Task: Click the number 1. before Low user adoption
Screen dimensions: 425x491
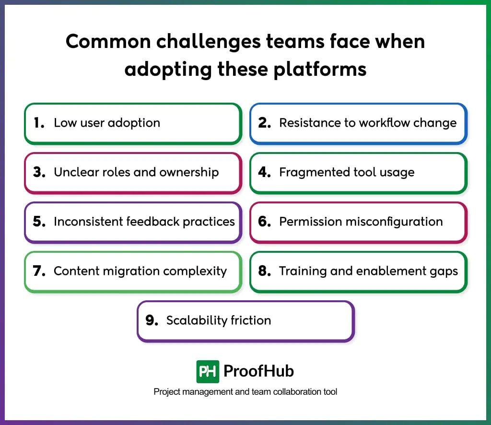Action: click(x=39, y=123)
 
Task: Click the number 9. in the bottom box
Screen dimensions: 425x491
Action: click(x=152, y=320)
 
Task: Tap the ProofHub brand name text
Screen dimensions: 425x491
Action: click(x=259, y=371)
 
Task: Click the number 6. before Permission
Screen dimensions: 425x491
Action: click(x=265, y=222)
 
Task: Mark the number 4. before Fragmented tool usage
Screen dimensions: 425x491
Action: click(x=265, y=172)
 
